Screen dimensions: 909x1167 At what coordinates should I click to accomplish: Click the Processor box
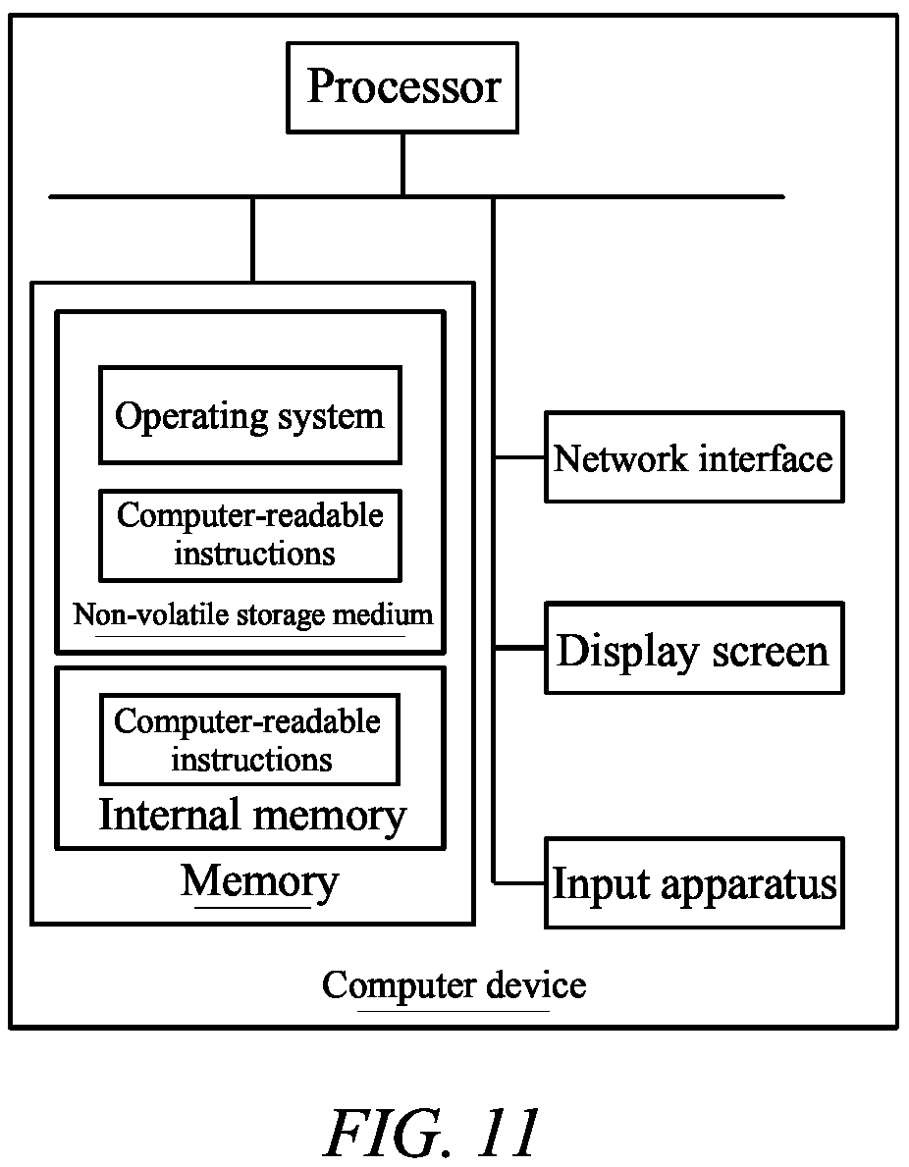402,87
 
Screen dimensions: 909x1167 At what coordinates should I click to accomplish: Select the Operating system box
250,415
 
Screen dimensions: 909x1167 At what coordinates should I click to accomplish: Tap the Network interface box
694,457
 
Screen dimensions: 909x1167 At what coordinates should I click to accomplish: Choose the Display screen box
694,648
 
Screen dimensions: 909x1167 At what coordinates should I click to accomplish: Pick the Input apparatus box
694,882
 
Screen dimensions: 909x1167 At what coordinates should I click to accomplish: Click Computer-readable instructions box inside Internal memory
249,740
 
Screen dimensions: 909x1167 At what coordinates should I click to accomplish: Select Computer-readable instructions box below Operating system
250,535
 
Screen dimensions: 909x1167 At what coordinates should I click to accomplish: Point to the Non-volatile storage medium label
253,615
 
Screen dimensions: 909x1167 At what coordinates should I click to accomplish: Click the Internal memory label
252,816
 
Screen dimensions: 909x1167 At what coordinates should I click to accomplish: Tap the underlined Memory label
260,882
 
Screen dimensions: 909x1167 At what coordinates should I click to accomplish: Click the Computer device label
454,986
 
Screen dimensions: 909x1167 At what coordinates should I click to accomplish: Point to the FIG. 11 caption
432,1132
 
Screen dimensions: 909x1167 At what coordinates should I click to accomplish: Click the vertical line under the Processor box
402,165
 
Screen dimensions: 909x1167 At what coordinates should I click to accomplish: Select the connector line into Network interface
519,457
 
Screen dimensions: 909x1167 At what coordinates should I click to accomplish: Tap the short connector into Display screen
519,648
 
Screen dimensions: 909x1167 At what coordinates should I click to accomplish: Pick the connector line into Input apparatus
519,883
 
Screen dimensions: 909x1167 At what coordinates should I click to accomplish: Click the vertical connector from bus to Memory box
253,239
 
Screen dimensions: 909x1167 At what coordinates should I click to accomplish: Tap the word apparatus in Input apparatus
748,886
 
